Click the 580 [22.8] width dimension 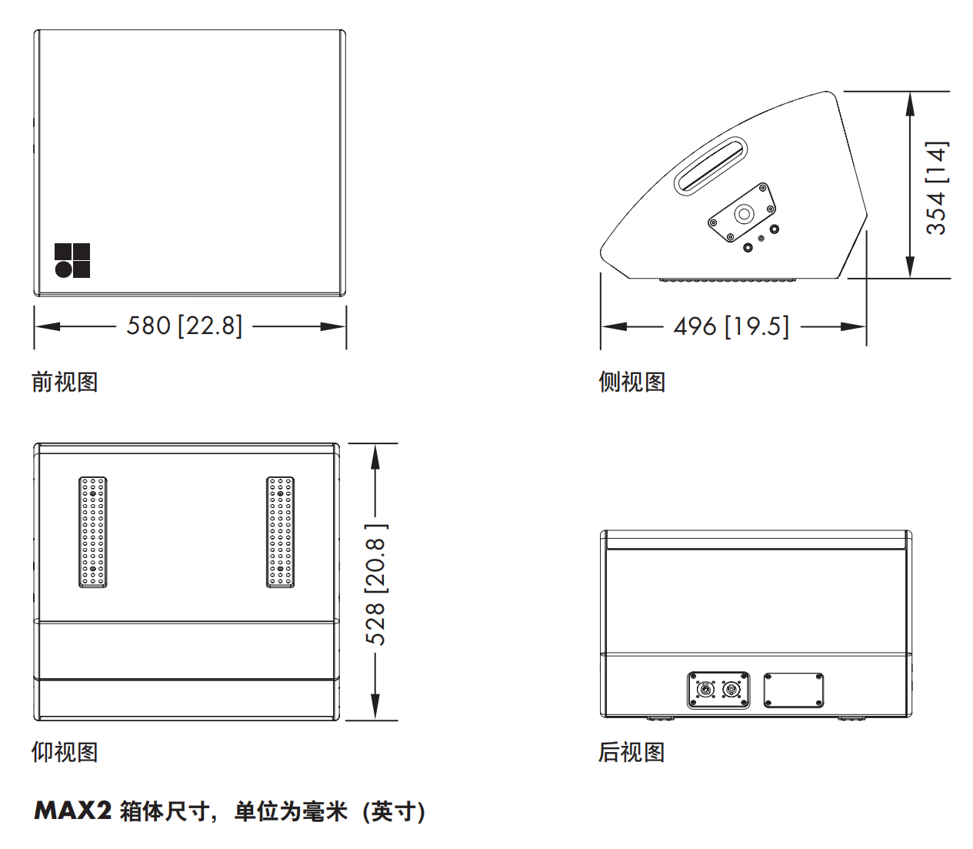pos(185,326)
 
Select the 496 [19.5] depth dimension pos(731,326)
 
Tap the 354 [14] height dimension pos(936,188)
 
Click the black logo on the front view pos(72,260)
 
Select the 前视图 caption pos(65,382)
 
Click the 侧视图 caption pos(631,382)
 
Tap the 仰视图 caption pos(65,752)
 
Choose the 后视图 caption pos(631,752)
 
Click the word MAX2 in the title pos(73,811)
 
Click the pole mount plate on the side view pos(741,212)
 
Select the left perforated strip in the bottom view pos(93,532)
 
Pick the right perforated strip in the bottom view pos(281,532)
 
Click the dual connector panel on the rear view pos(718,690)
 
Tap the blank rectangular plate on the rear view pos(794,690)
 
